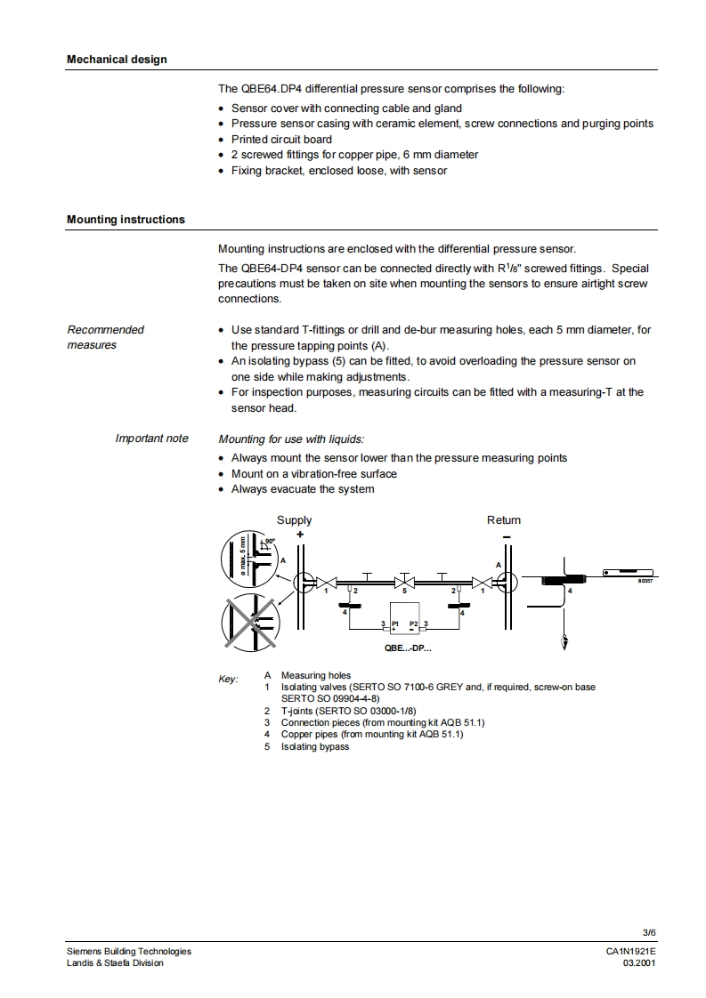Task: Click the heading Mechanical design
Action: (x=117, y=60)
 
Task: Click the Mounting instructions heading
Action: (x=126, y=220)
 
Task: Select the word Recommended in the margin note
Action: (x=105, y=330)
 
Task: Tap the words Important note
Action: (x=151, y=439)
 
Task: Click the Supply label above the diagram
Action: (x=294, y=520)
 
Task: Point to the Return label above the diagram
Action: (x=503, y=520)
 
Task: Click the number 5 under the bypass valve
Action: (x=405, y=591)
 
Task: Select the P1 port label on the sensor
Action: (x=395, y=624)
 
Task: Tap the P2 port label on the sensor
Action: (x=413, y=624)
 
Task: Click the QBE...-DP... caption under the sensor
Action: (x=407, y=648)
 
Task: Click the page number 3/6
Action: (x=649, y=932)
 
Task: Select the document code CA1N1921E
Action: (x=631, y=951)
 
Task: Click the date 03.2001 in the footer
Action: (x=639, y=962)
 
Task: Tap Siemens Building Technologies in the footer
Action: (x=129, y=951)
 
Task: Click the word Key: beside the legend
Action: (x=229, y=680)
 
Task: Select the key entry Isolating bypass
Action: (x=315, y=746)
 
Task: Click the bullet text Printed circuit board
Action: (x=281, y=140)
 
